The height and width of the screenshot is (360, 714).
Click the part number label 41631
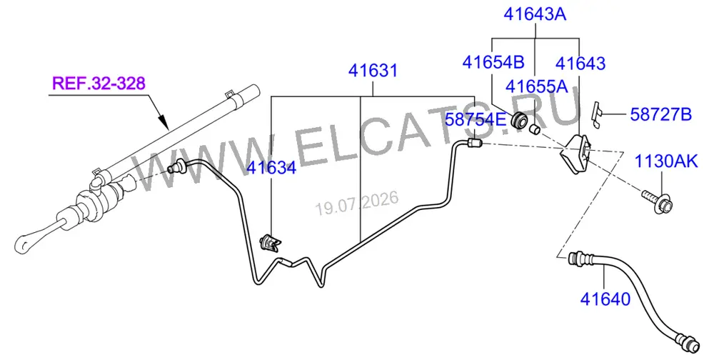(373, 71)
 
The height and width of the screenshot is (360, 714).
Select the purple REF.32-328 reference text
(99, 84)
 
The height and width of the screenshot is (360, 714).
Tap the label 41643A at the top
(535, 14)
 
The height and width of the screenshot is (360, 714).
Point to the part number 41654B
(493, 62)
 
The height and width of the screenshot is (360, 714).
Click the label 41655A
(537, 86)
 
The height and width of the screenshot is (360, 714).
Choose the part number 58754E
(476, 119)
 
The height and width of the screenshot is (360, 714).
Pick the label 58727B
(660, 114)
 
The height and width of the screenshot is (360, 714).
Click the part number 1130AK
(666, 161)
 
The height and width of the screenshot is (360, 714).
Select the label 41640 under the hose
(605, 299)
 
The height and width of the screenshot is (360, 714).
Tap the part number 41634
(271, 168)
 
